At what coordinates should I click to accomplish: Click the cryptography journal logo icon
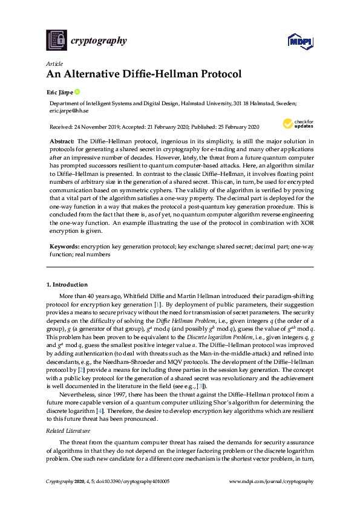56,40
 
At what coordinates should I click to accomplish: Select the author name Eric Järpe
61,92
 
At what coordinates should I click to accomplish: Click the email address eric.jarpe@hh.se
70,111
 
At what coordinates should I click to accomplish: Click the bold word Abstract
62,140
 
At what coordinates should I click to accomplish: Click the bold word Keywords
64,247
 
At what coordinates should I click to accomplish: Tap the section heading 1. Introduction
67,284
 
